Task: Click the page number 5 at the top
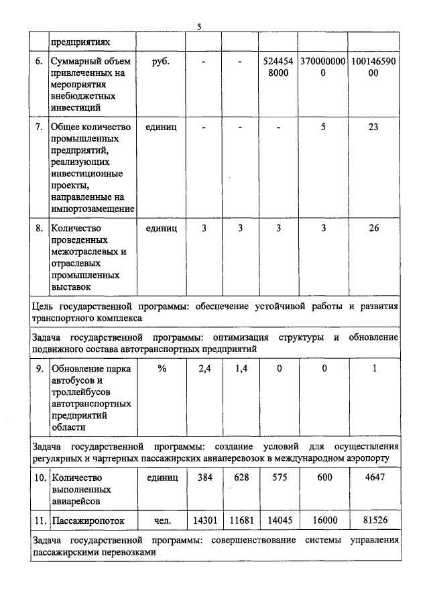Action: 199,27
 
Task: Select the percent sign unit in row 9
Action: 161,368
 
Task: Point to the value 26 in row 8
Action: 374,228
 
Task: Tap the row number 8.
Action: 40,228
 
